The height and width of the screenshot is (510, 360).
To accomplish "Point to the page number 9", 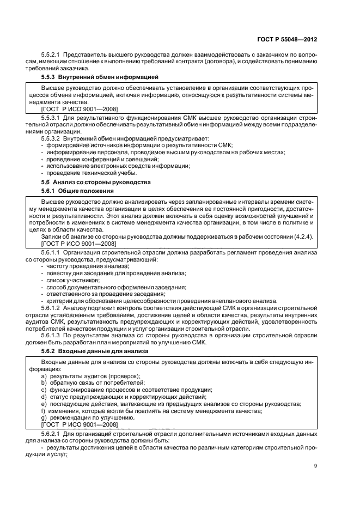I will pos(316,465).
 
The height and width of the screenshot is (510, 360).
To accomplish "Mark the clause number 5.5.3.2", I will pos(52,138).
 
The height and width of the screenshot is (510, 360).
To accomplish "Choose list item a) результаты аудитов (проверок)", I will pos(91,376).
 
